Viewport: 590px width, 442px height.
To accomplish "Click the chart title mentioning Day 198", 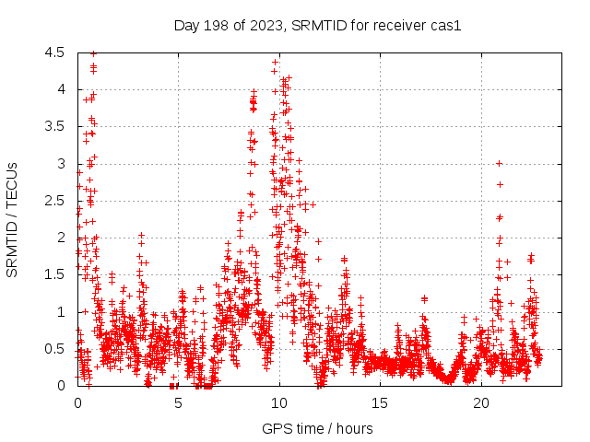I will tap(317, 25).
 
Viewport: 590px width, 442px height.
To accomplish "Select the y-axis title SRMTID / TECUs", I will tap(12, 219).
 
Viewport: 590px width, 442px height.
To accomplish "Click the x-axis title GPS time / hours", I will tap(317, 428).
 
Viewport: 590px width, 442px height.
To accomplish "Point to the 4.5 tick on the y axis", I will tap(56, 52).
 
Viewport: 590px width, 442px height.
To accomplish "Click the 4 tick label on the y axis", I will tap(61, 89).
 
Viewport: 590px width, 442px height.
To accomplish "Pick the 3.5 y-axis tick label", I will tap(56, 127).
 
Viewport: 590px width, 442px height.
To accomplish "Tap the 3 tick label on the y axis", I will tap(61, 164).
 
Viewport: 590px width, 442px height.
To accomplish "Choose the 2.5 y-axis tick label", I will tap(56, 201).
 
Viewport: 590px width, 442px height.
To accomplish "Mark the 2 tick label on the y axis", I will tap(61, 238).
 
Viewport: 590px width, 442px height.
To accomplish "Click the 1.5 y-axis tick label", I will tap(56, 274).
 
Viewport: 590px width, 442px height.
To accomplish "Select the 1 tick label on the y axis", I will tap(61, 312).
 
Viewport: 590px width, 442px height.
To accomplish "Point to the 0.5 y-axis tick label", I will tap(56, 349).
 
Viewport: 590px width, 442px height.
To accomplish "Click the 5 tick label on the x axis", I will tap(179, 403).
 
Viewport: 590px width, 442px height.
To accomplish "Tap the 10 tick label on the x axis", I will tap(279, 403).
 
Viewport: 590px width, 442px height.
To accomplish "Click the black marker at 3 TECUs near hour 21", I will tap(499, 163).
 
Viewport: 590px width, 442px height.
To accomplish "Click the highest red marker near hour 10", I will tap(276, 62).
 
